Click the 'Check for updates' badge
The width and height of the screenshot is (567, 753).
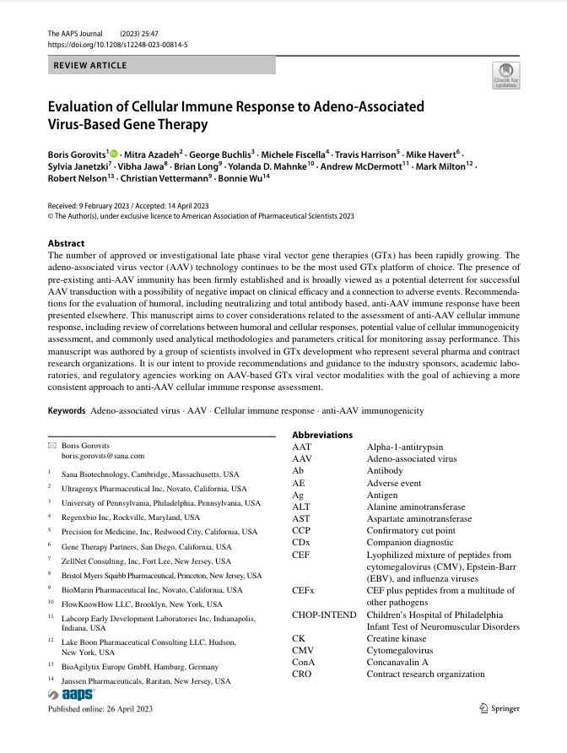506,75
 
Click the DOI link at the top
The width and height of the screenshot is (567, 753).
118,44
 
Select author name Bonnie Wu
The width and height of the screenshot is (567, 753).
245,179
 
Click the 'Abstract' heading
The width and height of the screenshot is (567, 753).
67,243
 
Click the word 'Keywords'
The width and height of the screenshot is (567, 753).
67,410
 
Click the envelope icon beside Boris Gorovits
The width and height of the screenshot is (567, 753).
52,445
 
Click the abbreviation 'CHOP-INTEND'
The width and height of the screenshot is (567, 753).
324,615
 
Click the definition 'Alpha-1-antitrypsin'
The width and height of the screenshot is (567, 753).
405,447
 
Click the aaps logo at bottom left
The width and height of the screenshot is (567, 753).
73,694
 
